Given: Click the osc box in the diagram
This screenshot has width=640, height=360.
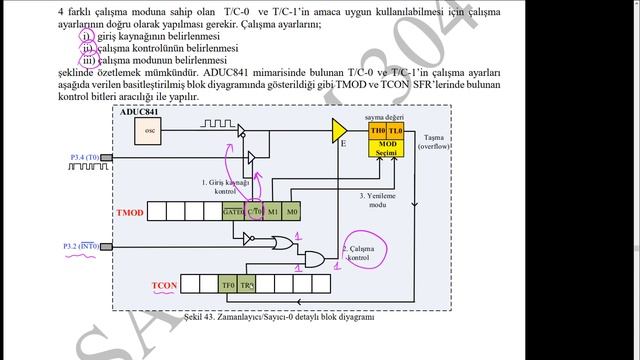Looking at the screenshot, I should tap(151, 130).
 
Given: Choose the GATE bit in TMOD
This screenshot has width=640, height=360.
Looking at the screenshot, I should tap(233, 212).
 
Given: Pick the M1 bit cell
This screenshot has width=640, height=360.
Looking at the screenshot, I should tap(272, 212).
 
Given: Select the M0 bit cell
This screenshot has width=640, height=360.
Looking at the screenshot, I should tap(291, 212).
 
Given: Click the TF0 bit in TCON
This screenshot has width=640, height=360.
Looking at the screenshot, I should tap(228, 285).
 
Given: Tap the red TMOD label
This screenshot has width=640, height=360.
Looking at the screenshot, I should tap(131, 213).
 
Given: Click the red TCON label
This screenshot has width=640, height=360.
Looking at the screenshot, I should tap(165, 286).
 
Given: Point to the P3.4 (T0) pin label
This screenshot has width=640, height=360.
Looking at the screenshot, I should tap(85, 158).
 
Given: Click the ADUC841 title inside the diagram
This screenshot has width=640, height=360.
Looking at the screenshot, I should tap(139, 112).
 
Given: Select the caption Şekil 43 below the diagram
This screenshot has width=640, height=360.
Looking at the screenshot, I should tap(279, 316).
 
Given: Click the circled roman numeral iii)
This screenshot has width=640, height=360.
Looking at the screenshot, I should tap(88, 60).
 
